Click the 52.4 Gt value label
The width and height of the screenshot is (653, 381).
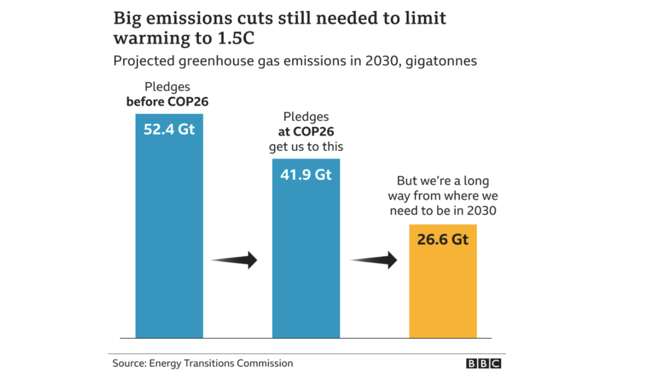pyautogui.click(x=169, y=130)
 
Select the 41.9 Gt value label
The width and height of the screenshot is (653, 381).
pyautogui.click(x=306, y=175)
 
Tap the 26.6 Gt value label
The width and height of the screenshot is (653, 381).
pyautogui.click(x=442, y=239)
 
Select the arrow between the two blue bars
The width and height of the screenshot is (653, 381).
pyautogui.click(x=234, y=260)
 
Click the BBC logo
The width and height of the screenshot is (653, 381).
pyautogui.click(x=483, y=364)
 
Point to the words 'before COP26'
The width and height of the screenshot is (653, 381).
pyautogui.click(x=168, y=101)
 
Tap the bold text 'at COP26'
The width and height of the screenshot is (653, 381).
pyautogui.click(x=306, y=132)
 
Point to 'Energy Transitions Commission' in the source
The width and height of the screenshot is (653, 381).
pyautogui.click(x=221, y=364)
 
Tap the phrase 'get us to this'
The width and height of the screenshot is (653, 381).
pyautogui.click(x=306, y=147)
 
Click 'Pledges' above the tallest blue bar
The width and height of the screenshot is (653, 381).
pyautogui.click(x=167, y=87)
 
